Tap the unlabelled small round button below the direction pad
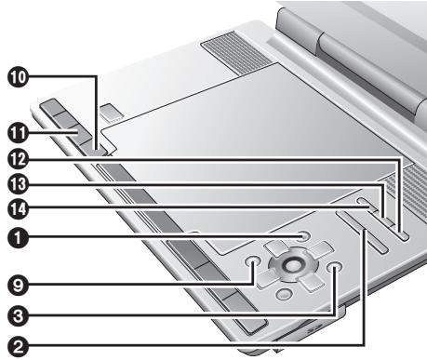pos(285,295)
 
